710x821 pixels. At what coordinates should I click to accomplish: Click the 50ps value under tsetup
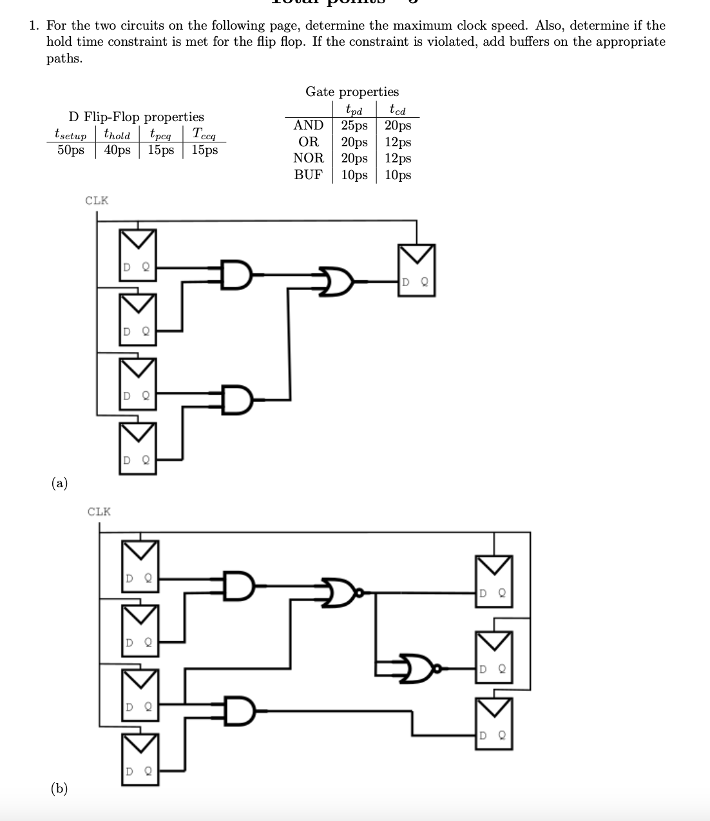tap(70, 150)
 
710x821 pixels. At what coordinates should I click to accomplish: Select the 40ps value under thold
tap(117, 150)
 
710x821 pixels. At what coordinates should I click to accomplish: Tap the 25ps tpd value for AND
tap(354, 126)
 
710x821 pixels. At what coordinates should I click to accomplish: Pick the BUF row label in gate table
tap(308, 175)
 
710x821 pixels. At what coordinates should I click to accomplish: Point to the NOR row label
tap(308, 158)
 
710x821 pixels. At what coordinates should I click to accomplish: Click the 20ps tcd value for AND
tap(398, 126)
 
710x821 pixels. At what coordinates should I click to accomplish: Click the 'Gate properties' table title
tap(352, 92)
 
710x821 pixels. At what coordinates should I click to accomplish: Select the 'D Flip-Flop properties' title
tap(136, 117)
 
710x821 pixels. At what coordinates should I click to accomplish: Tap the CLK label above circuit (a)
tap(97, 200)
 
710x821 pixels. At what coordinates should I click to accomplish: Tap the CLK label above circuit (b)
tap(99, 512)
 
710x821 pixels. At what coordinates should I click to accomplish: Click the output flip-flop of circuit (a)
tap(416, 270)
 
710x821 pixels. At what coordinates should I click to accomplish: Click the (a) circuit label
tap(59, 483)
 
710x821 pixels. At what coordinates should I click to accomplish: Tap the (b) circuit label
tap(59, 788)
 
